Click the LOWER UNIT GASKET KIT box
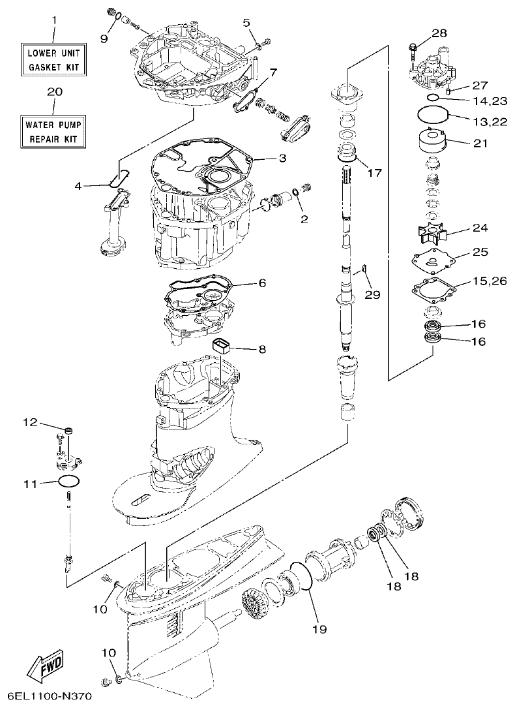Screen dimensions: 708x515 [x=54, y=58]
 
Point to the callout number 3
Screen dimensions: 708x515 [x=282, y=158]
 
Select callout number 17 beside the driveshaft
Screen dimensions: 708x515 [x=374, y=174]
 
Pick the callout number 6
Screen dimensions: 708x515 [x=262, y=283]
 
